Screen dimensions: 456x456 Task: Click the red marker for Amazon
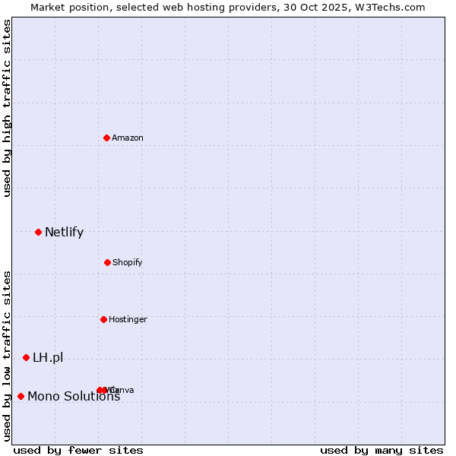click(106, 138)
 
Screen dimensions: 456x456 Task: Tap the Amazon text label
click(128, 138)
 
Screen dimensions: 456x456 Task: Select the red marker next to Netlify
click(38, 232)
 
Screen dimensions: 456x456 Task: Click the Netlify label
click(64, 232)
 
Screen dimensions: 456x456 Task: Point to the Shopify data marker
click(107, 262)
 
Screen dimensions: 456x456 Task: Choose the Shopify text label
click(128, 262)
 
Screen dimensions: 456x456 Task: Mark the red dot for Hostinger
click(103, 319)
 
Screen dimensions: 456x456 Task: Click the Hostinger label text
click(128, 319)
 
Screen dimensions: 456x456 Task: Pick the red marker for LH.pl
click(26, 357)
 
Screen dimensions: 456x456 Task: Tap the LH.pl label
click(48, 357)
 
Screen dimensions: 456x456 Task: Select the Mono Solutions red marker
click(21, 396)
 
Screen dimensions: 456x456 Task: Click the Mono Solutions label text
click(74, 396)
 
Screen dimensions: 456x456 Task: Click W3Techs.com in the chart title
click(391, 8)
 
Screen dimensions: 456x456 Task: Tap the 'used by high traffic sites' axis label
click(7, 108)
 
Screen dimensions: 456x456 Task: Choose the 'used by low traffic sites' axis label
click(7, 356)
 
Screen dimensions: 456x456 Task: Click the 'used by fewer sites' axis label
click(78, 451)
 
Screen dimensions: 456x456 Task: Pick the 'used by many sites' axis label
click(382, 451)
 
